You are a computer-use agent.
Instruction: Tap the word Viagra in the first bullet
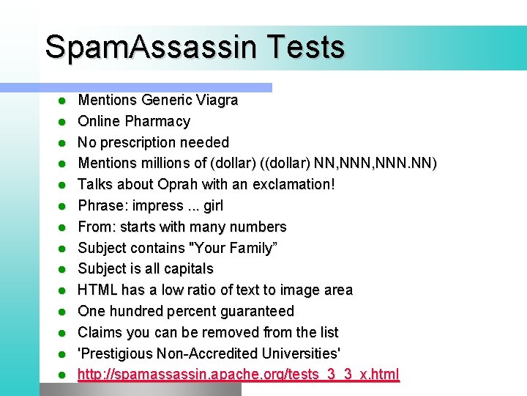tap(216, 100)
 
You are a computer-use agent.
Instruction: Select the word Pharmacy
tap(157, 121)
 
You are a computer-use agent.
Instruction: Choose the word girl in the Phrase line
tap(213, 205)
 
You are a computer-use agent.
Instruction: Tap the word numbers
tap(256, 227)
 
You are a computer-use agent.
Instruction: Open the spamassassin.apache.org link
tap(239, 375)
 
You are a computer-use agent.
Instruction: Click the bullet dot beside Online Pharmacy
tap(63, 122)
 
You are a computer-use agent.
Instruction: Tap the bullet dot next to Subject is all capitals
tap(63, 269)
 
